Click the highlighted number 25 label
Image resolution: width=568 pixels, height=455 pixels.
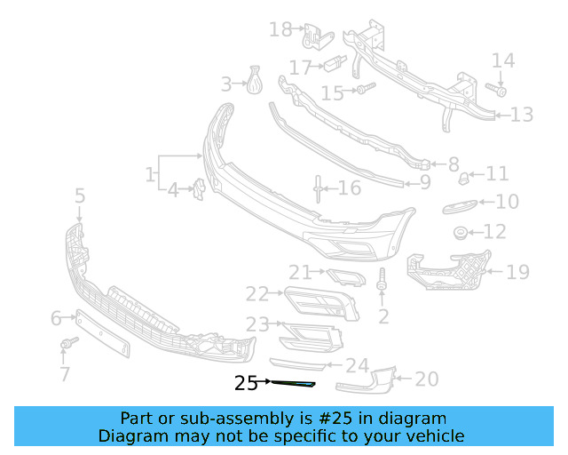click(246, 383)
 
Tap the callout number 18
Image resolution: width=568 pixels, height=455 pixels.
click(280, 30)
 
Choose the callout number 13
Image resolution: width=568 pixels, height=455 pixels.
click(522, 115)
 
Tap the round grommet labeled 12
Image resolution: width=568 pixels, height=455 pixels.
click(461, 233)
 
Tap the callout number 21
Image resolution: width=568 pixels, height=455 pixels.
click(300, 273)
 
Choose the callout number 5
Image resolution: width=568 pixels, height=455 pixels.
click(80, 196)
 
